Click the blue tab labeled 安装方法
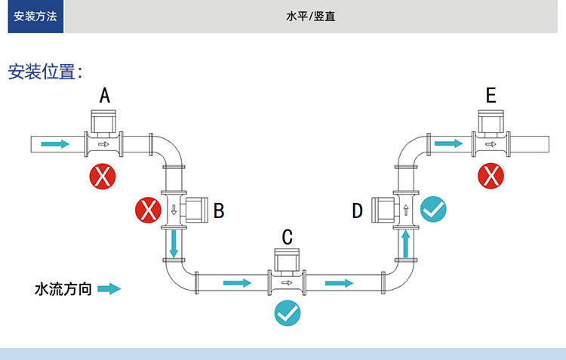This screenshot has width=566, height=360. [x=35, y=17]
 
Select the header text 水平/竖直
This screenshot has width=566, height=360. [x=311, y=17]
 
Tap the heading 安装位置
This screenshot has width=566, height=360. [x=45, y=72]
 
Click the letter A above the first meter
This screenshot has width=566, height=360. [x=105, y=95]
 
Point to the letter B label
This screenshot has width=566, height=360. [x=219, y=211]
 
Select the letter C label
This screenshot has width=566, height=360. [x=287, y=237]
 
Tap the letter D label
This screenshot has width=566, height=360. [x=358, y=211]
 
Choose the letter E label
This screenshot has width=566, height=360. [x=491, y=95]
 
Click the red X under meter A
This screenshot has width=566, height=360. [x=103, y=177]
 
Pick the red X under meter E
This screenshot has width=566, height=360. [x=491, y=177]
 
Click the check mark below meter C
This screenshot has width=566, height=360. [x=287, y=312]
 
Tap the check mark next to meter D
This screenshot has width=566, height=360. [x=432, y=209]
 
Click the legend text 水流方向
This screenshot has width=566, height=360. [x=63, y=289]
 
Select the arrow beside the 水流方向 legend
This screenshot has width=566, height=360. [x=109, y=289]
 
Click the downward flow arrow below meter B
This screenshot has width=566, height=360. [x=174, y=243]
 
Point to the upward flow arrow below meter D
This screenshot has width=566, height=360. [x=406, y=243]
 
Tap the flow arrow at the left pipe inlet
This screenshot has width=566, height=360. [x=53, y=143]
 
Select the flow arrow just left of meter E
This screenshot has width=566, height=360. [x=448, y=143]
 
